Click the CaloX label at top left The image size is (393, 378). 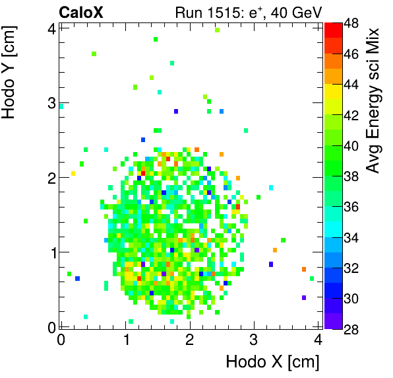coord(81,12)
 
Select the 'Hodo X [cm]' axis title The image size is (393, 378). coord(272,361)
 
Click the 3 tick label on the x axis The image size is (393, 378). coord(254,340)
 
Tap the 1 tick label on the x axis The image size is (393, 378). coord(125,340)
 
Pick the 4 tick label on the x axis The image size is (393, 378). coord(318,340)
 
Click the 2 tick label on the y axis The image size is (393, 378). coord(50,177)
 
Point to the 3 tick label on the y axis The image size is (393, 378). coord(50,102)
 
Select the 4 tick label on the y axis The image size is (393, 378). coord(50,28)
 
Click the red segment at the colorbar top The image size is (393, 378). coord(333,28)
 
